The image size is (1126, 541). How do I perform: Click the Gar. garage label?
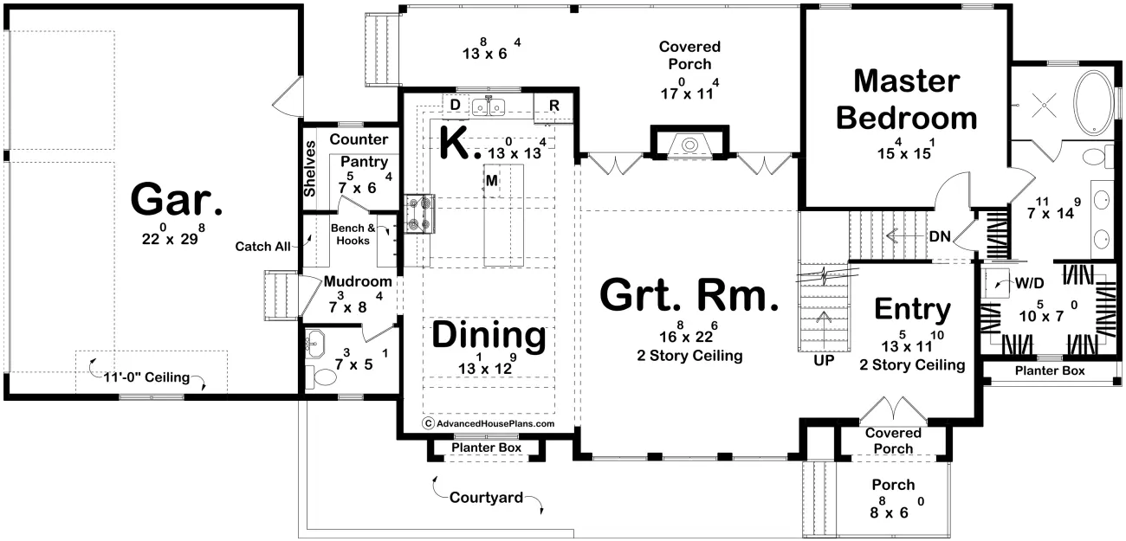pyautogui.click(x=177, y=199)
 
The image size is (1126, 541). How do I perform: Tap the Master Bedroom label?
pyautogui.click(x=907, y=100)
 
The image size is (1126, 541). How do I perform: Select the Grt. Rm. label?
pyautogui.click(x=689, y=295)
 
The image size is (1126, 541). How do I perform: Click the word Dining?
pyautogui.click(x=489, y=336)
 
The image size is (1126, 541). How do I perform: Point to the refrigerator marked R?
pyautogui.click(x=553, y=107)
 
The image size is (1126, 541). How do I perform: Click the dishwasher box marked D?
pyautogui.click(x=455, y=105)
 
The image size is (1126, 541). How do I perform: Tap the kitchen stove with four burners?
pyautogui.click(x=420, y=214)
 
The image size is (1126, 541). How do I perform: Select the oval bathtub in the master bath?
pyautogui.click(x=1093, y=103)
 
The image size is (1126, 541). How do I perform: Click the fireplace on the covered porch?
pyautogui.click(x=689, y=143)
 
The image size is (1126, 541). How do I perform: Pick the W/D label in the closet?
pyautogui.click(x=1029, y=283)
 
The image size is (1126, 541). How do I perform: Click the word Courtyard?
pyautogui.click(x=486, y=498)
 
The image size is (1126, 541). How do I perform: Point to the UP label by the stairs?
pyautogui.click(x=824, y=360)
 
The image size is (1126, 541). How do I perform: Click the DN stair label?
pyautogui.click(x=940, y=236)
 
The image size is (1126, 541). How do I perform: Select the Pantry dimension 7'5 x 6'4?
pyautogui.click(x=365, y=184)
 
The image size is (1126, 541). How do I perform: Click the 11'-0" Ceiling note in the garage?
pyautogui.click(x=146, y=377)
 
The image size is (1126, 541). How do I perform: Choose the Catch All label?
pyautogui.click(x=262, y=247)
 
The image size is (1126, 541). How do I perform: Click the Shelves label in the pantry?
pyautogui.click(x=310, y=169)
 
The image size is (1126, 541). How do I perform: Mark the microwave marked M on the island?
pyautogui.click(x=492, y=180)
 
